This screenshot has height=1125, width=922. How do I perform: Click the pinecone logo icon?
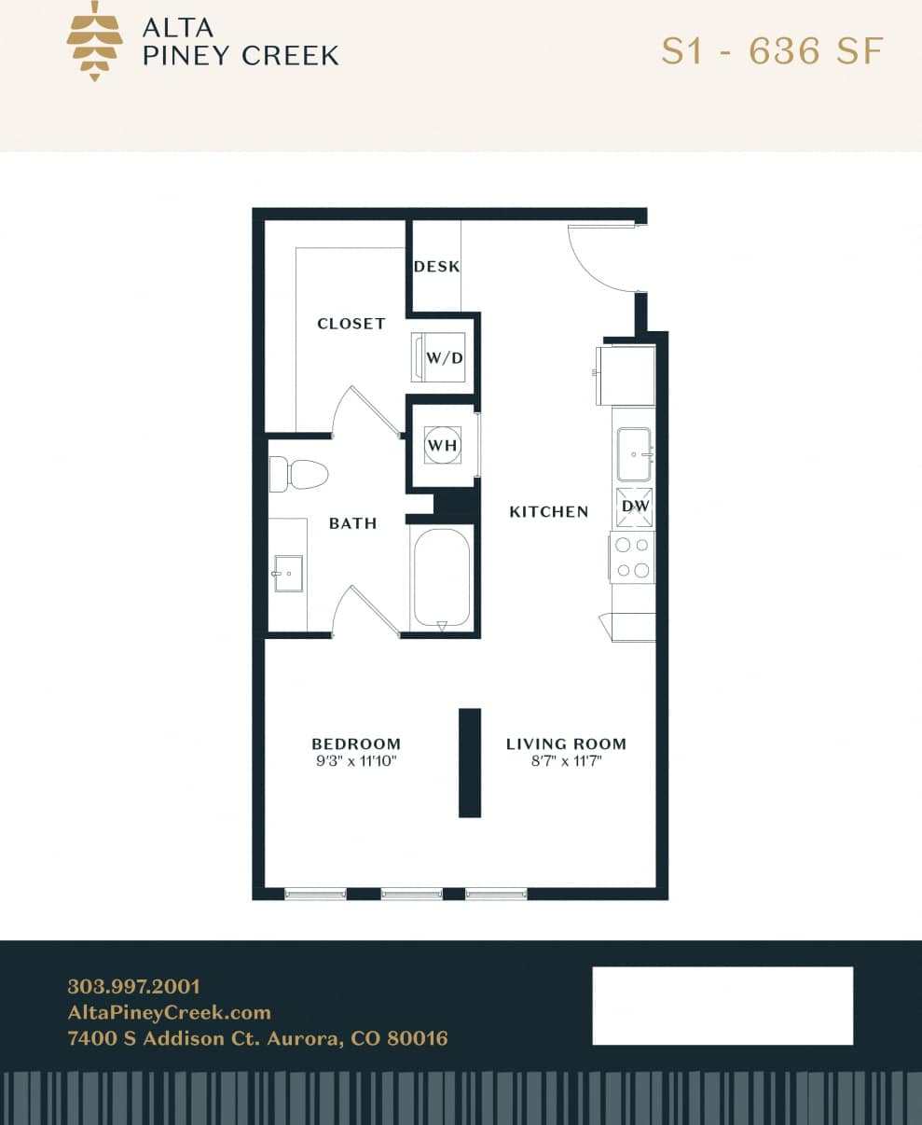(94, 41)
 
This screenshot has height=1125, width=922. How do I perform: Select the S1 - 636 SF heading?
(771, 50)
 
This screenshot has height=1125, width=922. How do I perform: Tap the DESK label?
(436, 266)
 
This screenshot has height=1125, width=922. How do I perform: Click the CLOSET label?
(351, 324)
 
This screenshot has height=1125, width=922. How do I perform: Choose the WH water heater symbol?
(442, 446)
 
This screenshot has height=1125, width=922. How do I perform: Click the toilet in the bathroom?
(298, 474)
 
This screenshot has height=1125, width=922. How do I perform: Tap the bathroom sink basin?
(288, 573)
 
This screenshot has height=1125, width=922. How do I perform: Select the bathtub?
(441, 579)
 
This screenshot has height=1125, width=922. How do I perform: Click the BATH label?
(352, 523)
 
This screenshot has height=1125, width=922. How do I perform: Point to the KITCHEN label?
(548, 511)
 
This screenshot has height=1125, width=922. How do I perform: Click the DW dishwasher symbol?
(634, 507)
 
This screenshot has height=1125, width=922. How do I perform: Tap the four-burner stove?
(633, 557)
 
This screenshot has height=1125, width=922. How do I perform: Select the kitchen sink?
(634, 453)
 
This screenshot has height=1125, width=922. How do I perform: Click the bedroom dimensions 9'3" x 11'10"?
(355, 760)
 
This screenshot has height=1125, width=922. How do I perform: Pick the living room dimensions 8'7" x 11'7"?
(566, 760)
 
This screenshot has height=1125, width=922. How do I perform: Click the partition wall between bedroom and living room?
(470, 762)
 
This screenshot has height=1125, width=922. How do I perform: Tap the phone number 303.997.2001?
(133, 986)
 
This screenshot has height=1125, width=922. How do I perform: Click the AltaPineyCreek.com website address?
(169, 1012)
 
